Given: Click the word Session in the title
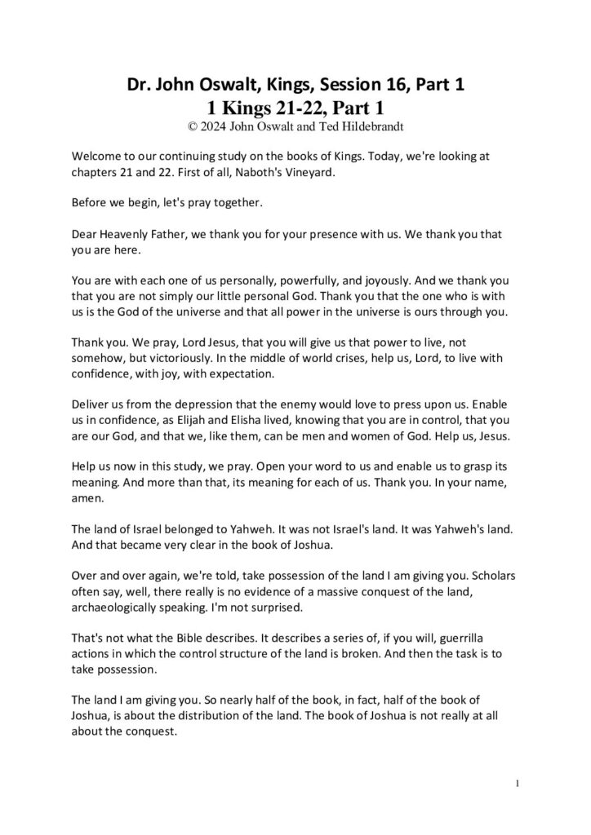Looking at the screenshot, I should click(x=332, y=84).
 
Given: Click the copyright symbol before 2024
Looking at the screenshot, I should click(x=191, y=126).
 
